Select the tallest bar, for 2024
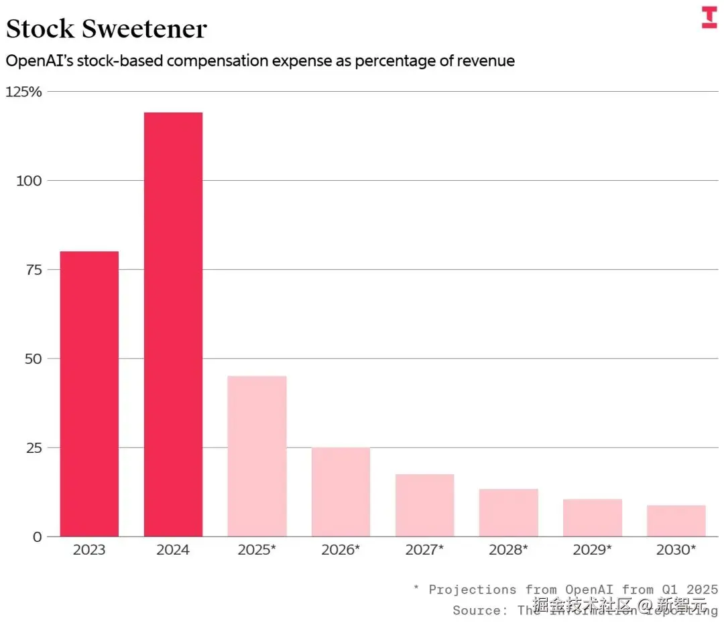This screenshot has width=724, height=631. coord(173,324)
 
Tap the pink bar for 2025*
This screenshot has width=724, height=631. coord(257,456)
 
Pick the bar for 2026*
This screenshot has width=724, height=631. coord(341,492)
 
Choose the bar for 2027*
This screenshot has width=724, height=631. coord(424,505)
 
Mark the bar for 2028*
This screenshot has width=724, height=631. coord(508,512)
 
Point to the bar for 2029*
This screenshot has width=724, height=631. coord(593,517)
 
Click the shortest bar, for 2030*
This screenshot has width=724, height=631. coord(676,520)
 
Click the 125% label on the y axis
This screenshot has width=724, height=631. coord(23,92)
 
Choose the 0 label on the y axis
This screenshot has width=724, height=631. coord(36,537)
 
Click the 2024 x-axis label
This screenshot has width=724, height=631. coord(173,550)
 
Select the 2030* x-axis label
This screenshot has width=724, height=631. coord(676,550)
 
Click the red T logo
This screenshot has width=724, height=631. coord(709,17)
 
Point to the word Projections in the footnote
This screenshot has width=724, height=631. coord(473,589)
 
